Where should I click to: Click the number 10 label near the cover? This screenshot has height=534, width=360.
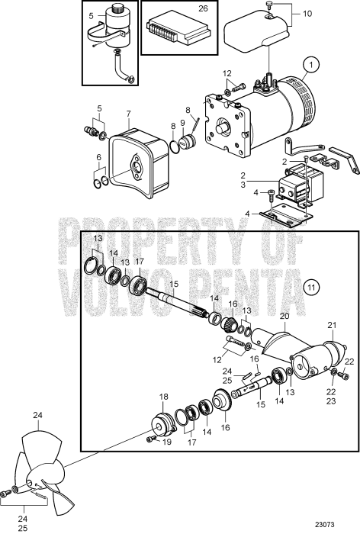point(308,14)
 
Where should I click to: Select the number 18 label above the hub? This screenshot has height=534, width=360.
point(162,397)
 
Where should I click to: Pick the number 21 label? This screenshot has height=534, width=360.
point(331,325)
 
